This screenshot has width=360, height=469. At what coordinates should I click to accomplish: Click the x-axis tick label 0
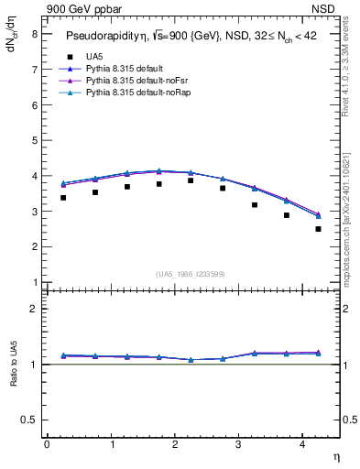pos(47,443)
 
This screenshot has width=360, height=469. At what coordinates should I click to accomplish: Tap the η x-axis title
pos(335,455)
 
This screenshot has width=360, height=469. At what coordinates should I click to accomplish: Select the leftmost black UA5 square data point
pos(63,197)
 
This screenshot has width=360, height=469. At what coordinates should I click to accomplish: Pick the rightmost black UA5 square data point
pos(318,229)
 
